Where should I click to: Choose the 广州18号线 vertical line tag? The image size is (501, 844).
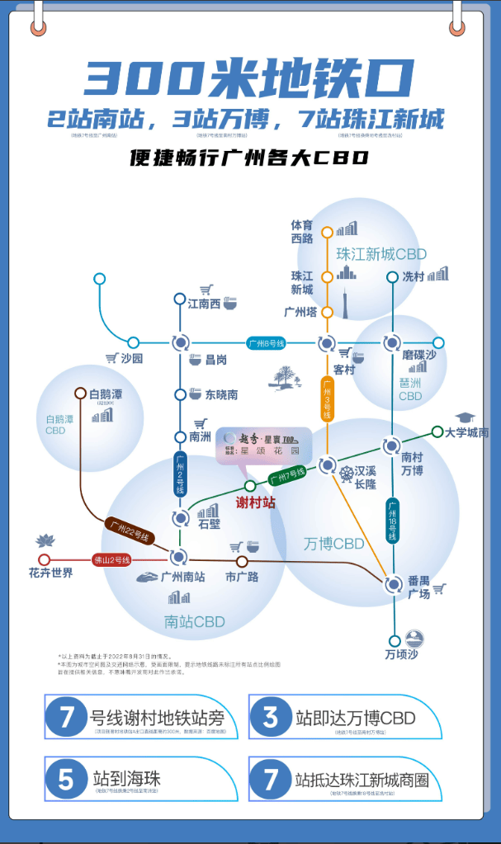click(393, 520)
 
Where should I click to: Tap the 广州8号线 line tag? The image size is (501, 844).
click(266, 342)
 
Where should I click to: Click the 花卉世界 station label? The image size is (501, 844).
click(51, 573)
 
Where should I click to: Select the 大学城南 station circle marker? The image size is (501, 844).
click(437, 431)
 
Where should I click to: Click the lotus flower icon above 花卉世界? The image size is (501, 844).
click(45, 540)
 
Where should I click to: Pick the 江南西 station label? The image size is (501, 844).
click(205, 304)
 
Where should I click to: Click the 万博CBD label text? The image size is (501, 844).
click(333, 544)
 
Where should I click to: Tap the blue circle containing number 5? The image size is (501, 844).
click(66, 779)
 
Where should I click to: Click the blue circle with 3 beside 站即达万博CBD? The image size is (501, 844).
click(271, 717)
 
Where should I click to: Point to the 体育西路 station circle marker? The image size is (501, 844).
click(328, 232)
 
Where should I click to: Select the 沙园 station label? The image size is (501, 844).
click(131, 358)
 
